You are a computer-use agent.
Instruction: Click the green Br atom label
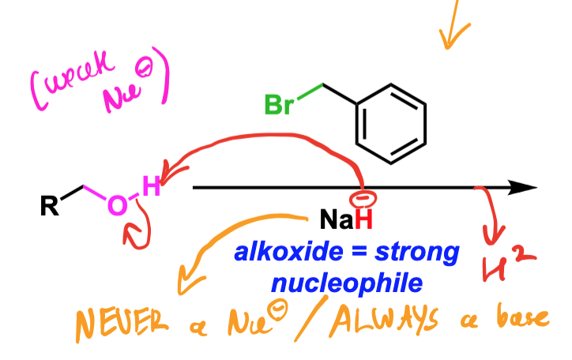[x=279, y=104]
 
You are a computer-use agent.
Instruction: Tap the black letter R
[x=49, y=206]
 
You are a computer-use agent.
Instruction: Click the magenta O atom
[x=118, y=204]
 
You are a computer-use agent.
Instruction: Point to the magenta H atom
[x=152, y=186]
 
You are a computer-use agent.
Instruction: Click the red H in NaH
[x=363, y=219]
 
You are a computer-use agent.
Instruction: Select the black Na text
[x=337, y=219]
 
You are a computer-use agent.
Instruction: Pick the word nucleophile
[x=347, y=284]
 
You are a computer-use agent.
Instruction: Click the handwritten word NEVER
[x=122, y=323]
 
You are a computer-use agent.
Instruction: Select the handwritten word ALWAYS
[x=383, y=321]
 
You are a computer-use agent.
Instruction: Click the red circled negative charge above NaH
[x=363, y=199]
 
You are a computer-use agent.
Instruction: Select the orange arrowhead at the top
[x=453, y=36]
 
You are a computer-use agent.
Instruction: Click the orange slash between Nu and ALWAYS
[x=310, y=318]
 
